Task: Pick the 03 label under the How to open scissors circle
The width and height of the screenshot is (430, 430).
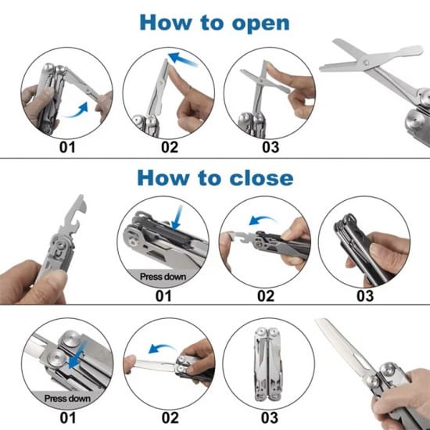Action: point(270,145)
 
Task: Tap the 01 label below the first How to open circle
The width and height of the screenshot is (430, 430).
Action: point(67,145)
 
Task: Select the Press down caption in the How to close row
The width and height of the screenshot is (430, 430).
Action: point(163,275)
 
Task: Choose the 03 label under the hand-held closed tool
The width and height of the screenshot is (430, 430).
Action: point(365,295)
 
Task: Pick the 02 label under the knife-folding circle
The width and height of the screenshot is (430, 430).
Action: point(169,417)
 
